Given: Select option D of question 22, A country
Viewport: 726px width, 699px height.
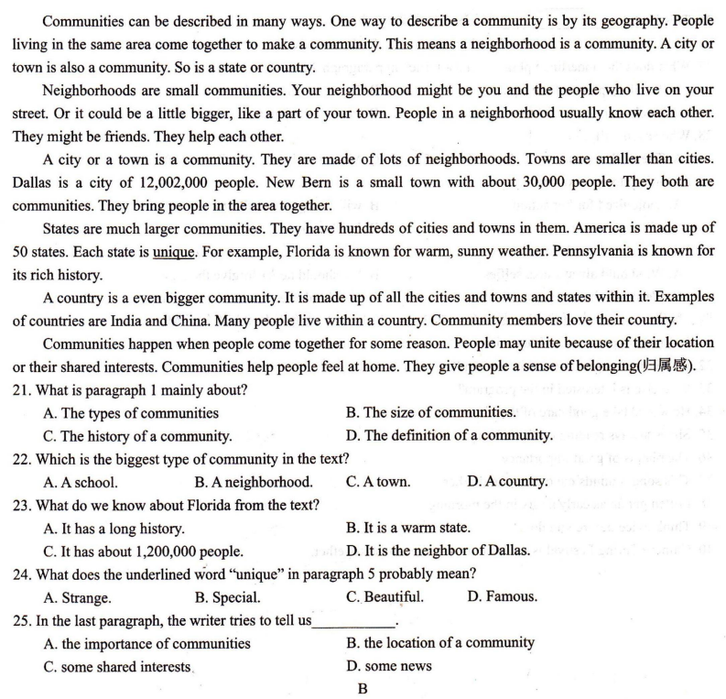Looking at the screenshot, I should click(x=507, y=481).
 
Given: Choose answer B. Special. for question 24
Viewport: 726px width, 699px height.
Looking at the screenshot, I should click(x=227, y=596).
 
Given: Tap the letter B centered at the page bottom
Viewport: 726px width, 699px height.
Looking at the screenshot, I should click(x=363, y=689).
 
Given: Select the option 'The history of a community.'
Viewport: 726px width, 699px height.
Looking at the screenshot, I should click(x=137, y=435).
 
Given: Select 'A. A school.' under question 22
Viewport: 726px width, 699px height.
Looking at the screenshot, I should click(x=80, y=481).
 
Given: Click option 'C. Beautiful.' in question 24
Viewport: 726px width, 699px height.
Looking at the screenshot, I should click(x=385, y=596).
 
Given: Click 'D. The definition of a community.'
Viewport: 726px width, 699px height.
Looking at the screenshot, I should click(x=450, y=435).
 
